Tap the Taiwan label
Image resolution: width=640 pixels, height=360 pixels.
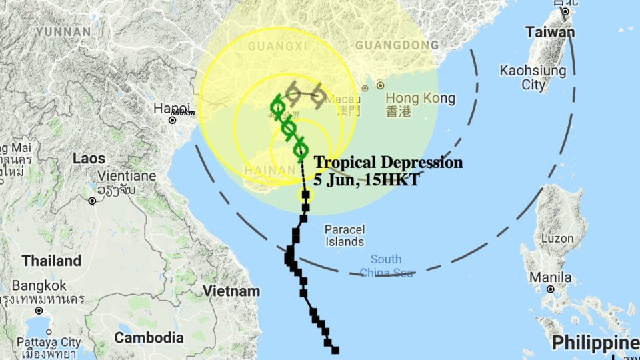pyautogui.click(x=549, y=32)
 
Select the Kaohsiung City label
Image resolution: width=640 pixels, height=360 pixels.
pyautogui.click(x=533, y=77)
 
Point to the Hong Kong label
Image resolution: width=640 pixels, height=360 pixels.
pyautogui.click(x=420, y=99)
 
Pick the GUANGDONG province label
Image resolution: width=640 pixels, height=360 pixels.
pyautogui.click(x=397, y=45)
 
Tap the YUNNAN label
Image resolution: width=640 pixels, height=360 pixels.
pyautogui.click(x=63, y=31)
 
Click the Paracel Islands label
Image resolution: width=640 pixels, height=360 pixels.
pyautogui.click(x=344, y=235)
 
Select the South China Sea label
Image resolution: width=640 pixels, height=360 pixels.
pyautogui.click(x=386, y=265)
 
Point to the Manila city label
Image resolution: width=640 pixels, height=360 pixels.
pyautogui.click(x=550, y=277)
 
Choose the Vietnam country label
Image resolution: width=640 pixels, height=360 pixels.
pyautogui.click(x=231, y=291)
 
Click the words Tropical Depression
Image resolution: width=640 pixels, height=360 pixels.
pyautogui.click(x=388, y=162)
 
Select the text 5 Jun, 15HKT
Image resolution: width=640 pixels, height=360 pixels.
pyautogui.click(x=367, y=179)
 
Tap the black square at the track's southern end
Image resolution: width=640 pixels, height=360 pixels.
pyautogui.click(x=335, y=350)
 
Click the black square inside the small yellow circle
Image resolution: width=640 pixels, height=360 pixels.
pyautogui.click(x=305, y=195)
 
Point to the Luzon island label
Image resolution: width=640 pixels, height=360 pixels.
pyautogui.click(x=557, y=238)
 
